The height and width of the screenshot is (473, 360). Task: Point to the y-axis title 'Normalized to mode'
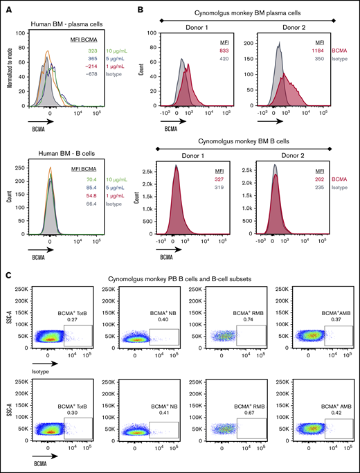point(8,69)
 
